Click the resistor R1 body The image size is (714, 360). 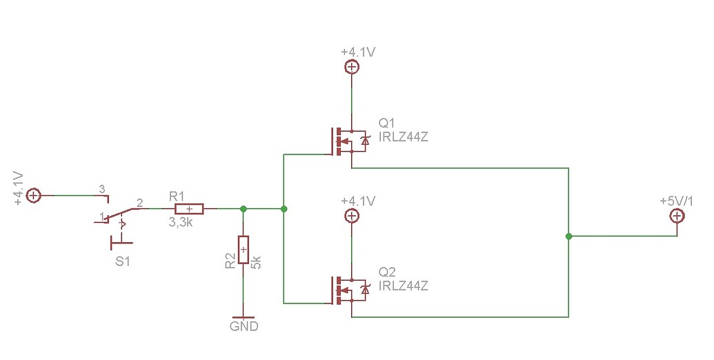click(x=188, y=208)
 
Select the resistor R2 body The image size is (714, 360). click(x=243, y=249)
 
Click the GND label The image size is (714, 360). click(x=244, y=326)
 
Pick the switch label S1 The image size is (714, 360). click(x=122, y=261)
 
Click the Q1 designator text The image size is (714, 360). click(x=388, y=123)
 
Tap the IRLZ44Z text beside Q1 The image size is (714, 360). click(x=404, y=137)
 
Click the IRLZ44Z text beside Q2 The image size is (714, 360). click(x=404, y=286)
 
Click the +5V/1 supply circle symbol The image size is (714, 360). click(x=677, y=217)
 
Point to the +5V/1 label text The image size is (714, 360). click(x=677, y=201)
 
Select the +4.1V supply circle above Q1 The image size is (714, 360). click(x=351, y=67)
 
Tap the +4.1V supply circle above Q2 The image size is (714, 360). click(x=351, y=216)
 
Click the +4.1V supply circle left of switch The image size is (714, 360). click(x=33, y=196)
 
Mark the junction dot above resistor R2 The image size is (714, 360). click(x=243, y=208)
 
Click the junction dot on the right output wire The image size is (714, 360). click(x=568, y=237)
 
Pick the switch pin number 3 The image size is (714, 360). click(x=101, y=188)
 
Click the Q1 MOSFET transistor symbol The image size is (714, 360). click(x=348, y=141)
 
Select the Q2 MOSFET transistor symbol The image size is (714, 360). click(x=348, y=290)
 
